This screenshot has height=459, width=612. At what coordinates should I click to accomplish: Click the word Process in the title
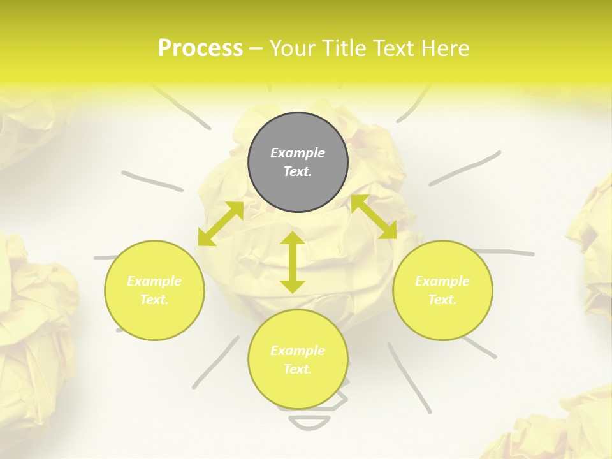pos(200,48)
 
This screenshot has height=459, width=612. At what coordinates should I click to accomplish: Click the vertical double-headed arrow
pos(293,263)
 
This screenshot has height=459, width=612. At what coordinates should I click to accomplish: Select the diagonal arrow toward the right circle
pos(374,217)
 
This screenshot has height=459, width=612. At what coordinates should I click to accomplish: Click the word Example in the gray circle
pos(298,153)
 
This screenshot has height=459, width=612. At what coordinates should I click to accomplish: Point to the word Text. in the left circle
pos(154,300)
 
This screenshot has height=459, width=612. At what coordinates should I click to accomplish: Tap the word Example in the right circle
pos(442,281)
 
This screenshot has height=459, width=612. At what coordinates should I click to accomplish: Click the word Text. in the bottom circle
pos(298,369)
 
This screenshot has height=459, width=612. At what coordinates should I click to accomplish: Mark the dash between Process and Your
pos(256,48)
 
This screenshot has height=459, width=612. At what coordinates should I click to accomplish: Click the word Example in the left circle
pos(154,281)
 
